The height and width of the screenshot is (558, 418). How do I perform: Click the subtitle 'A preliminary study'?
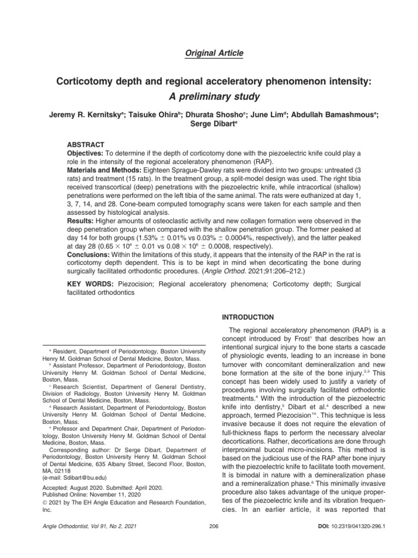tap(209, 97)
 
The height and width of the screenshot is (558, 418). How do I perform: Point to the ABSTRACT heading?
tap(85, 145)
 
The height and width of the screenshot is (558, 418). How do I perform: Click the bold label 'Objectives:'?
tap(85, 155)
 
